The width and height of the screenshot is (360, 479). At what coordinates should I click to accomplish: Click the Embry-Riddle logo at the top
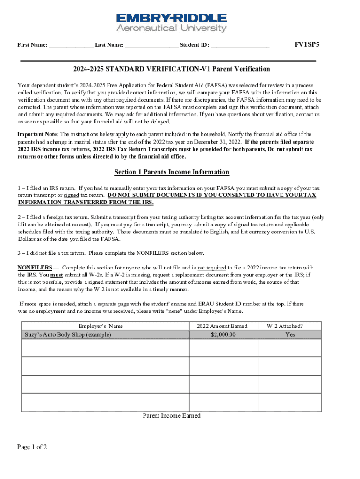coord(171,22)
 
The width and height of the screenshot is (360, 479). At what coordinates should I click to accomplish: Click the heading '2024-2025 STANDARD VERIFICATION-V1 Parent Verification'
coord(171,69)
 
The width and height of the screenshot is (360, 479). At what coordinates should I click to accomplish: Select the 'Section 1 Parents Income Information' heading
coord(172,172)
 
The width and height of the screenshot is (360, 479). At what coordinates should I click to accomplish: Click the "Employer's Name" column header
coord(101,326)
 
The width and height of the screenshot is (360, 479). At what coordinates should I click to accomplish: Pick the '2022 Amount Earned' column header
coord(222,326)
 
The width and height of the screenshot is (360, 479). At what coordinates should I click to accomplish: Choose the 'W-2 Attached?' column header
coord(290,326)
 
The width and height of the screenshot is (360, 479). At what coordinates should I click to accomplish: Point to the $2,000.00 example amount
coord(223,334)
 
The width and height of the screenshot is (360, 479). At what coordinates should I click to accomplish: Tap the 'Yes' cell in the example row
coord(290,334)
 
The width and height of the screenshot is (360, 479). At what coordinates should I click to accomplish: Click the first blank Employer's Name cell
coord(105,348)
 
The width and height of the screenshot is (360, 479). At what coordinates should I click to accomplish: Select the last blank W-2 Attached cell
coord(290,402)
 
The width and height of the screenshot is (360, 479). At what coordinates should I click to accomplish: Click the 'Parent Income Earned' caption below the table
coord(172,416)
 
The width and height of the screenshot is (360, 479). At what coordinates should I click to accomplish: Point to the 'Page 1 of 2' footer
coord(32,447)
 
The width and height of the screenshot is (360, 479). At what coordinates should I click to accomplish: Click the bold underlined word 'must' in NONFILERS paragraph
coord(57,275)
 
